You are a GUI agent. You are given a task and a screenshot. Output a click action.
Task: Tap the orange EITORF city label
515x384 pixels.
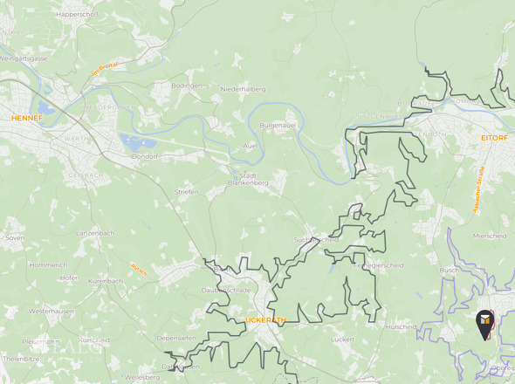point(494,138)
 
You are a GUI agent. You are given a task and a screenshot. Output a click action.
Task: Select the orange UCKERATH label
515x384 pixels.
point(265,320)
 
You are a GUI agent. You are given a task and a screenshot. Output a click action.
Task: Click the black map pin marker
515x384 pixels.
point(484,325)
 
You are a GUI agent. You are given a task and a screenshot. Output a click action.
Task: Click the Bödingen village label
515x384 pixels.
point(187,86)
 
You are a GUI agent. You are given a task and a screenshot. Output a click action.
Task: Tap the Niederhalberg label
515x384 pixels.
point(243,89)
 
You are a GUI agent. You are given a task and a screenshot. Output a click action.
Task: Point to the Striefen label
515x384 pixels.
point(187,191)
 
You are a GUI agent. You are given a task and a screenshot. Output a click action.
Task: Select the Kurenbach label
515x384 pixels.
point(106,281)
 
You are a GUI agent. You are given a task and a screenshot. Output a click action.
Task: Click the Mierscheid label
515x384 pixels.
point(489,235)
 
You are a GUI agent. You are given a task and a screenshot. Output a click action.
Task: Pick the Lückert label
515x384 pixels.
point(343,338)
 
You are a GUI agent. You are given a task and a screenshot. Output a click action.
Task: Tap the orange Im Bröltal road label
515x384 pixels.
point(105,68)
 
